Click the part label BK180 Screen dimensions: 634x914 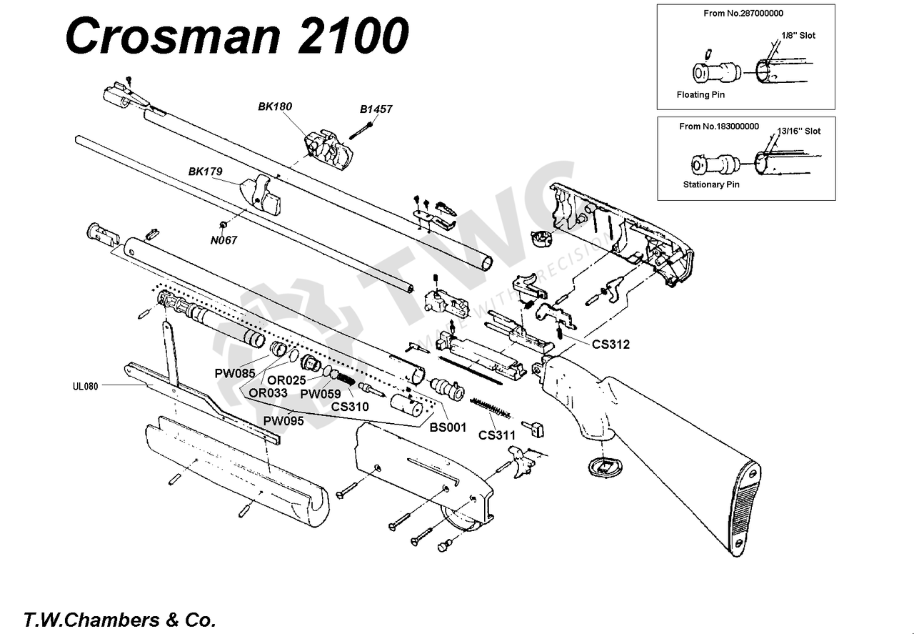(x=275, y=107)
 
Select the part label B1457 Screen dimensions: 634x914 (x=376, y=109)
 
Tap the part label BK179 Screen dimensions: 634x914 (x=205, y=172)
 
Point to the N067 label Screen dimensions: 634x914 (x=224, y=240)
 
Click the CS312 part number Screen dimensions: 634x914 (x=611, y=344)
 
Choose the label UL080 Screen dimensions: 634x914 (x=84, y=386)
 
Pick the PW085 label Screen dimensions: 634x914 (x=234, y=373)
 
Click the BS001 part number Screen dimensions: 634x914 (x=447, y=427)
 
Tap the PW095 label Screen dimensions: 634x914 (x=283, y=421)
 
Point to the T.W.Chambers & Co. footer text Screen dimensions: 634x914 (x=119, y=619)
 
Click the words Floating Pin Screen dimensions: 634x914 (x=703, y=94)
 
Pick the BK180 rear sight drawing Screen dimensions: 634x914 (x=328, y=149)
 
